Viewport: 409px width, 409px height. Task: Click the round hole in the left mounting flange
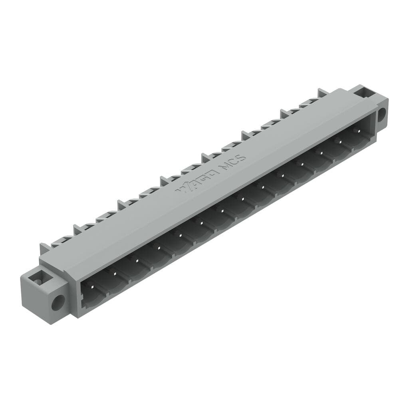pyautogui.click(x=57, y=302)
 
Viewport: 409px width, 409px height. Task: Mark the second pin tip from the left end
pyautogui.click(x=115, y=273)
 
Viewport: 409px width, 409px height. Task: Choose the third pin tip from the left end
pyautogui.click(x=137, y=260)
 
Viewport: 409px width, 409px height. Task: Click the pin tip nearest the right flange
pyautogui.click(x=358, y=131)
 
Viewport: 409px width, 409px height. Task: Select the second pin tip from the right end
pyautogui.click(x=340, y=141)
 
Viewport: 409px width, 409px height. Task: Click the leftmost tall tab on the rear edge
pyautogui.click(x=44, y=248)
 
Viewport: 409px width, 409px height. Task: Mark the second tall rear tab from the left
pyautogui.click(x=77, y=228)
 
